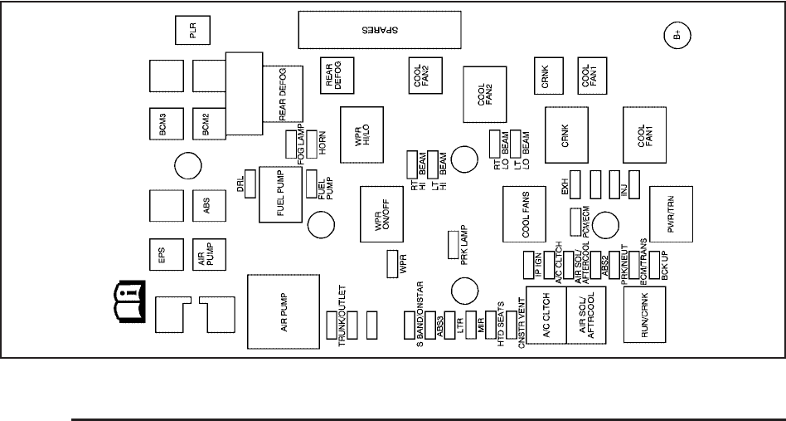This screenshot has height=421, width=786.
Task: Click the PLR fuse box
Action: click(x=192, y=32)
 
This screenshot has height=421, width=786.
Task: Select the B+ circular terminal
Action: click(x=678, y=36)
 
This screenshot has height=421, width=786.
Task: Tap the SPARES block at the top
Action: click(x=379, y=32)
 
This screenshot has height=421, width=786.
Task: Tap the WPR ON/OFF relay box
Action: click(x=381, y=215)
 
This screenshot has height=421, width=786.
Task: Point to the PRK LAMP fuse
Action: click(x=453, y=246)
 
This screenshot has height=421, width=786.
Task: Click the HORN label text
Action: click(x=320, y=144)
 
